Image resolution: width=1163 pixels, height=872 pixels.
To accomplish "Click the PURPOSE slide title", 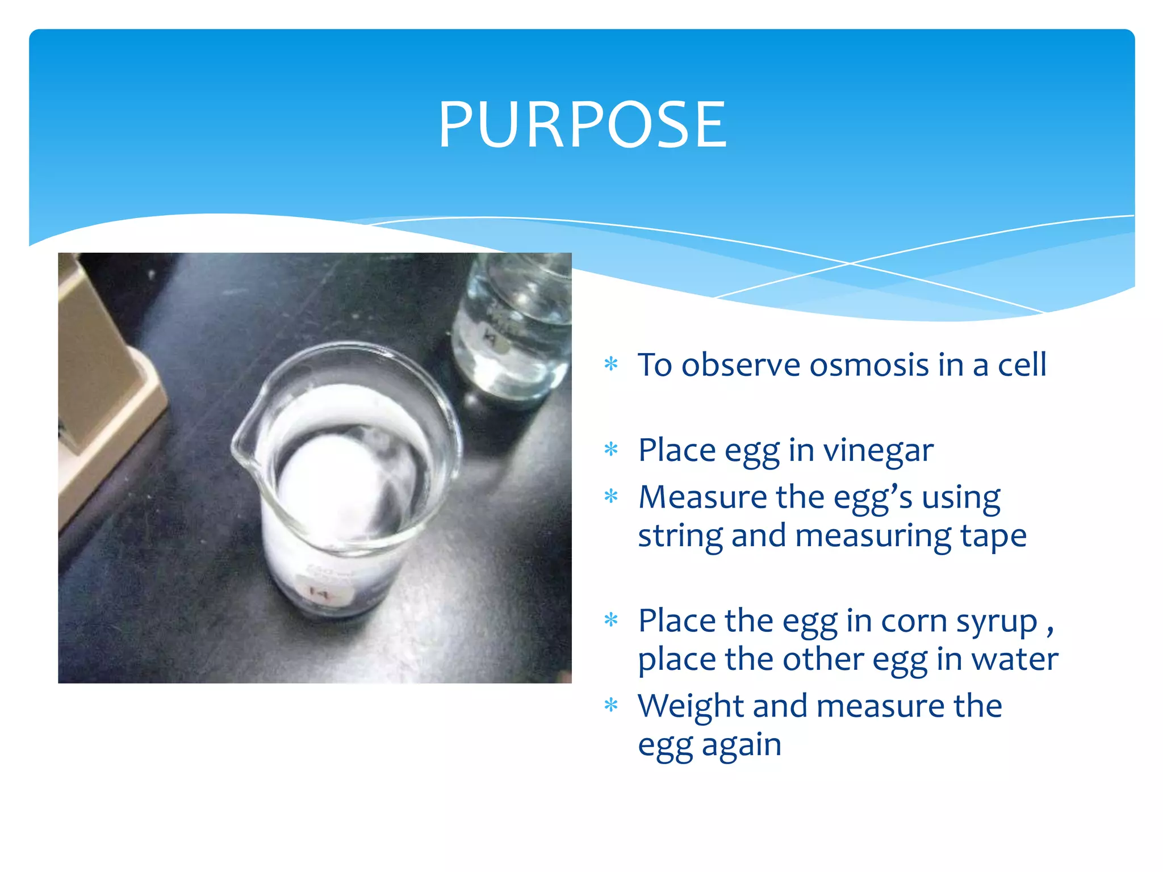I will point(582,125).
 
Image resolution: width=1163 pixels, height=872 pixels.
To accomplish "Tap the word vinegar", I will point(878,451).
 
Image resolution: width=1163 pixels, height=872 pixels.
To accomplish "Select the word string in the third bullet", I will point(680,536).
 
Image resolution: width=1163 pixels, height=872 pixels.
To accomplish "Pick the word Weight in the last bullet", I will point(690,706).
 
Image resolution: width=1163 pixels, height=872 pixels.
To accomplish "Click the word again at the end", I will point(742,746).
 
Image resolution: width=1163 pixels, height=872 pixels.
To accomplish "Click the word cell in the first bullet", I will point(1022,364).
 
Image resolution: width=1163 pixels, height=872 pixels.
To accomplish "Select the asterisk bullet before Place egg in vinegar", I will point(611,450).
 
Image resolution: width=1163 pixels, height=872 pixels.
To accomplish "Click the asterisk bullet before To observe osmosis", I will point(611,363).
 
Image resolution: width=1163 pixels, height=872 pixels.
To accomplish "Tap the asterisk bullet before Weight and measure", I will point(611,706).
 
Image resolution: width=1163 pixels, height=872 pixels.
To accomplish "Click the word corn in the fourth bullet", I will point(914,621).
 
